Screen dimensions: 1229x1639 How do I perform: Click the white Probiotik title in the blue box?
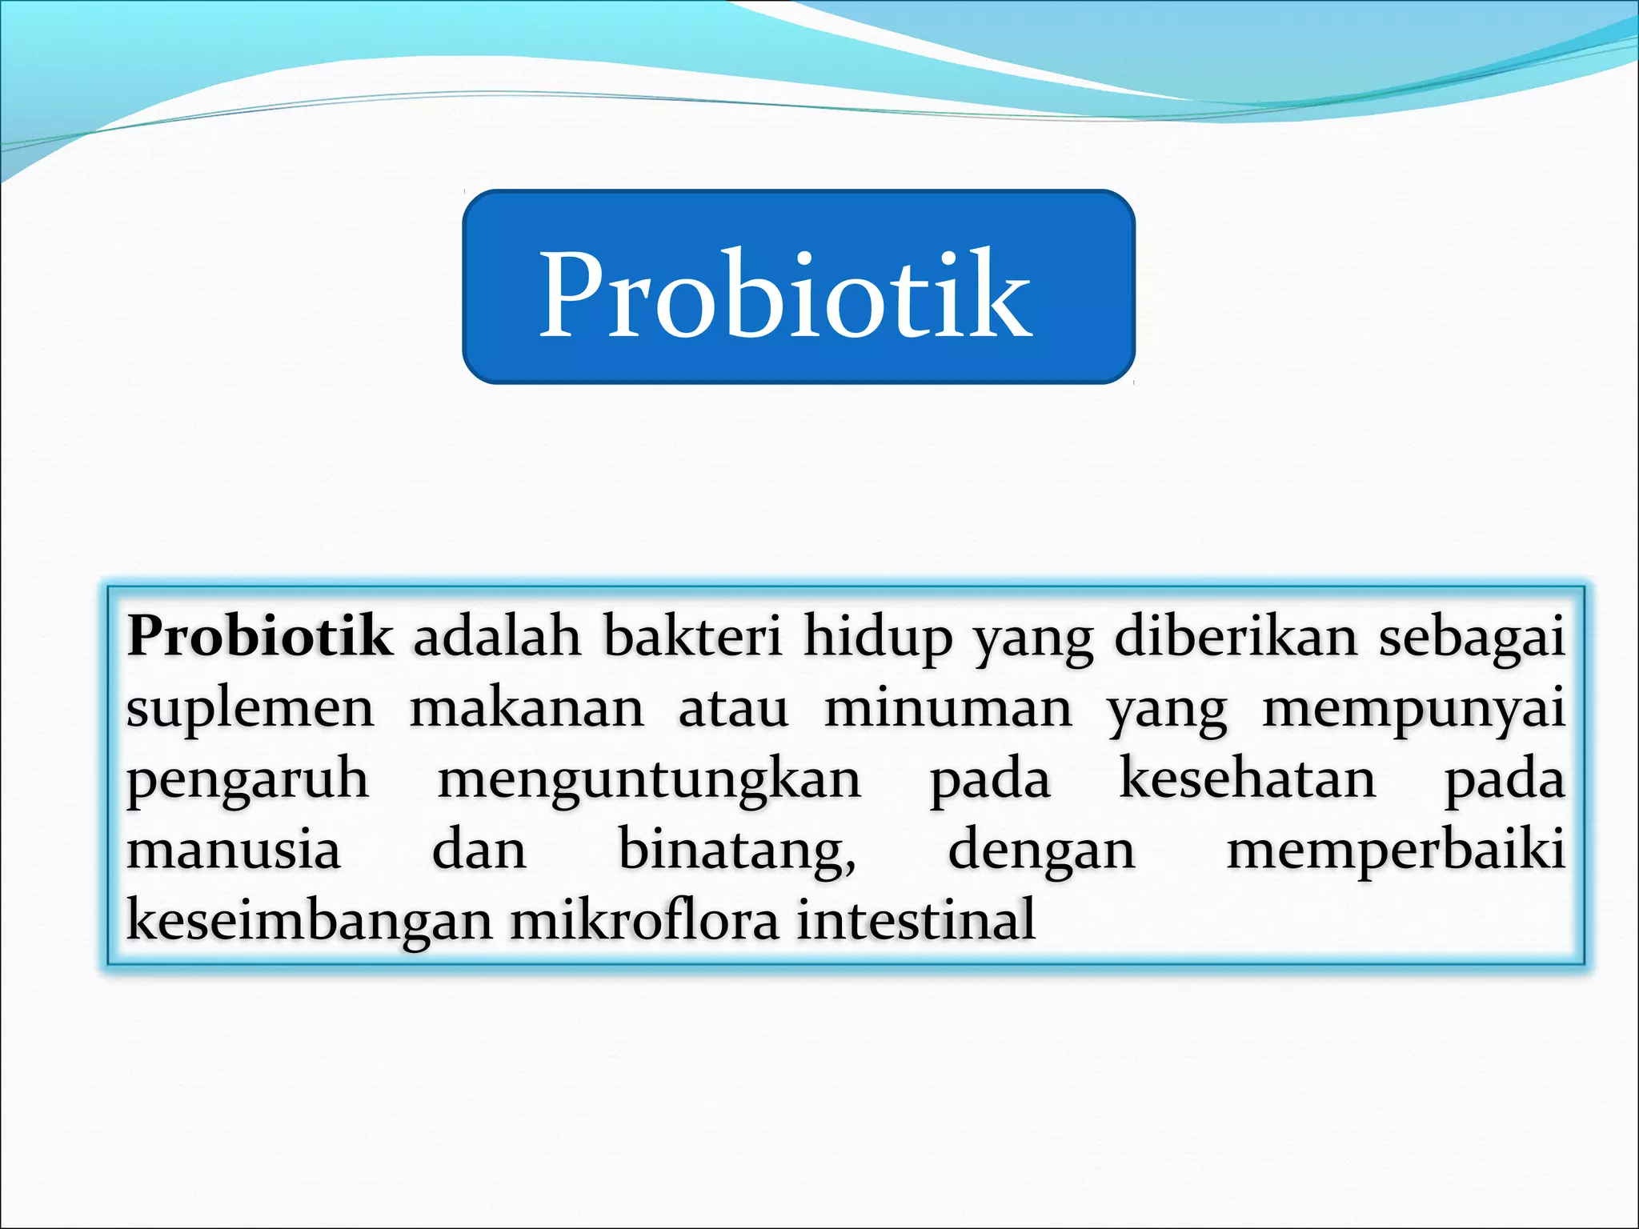point(786,294)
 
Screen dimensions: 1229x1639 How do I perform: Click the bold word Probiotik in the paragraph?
point(259,637)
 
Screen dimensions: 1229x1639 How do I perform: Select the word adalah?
point(497,637)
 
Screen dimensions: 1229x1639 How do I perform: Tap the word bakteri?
point(692,637)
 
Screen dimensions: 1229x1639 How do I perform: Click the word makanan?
point(527,709)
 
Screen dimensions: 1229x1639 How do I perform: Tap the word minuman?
point(948,709)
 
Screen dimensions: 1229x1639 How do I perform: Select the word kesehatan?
point(1247,779)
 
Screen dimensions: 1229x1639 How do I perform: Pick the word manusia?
point(234,850)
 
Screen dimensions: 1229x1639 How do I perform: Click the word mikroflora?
point(644,920)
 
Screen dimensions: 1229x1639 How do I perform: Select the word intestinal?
point(916,920)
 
